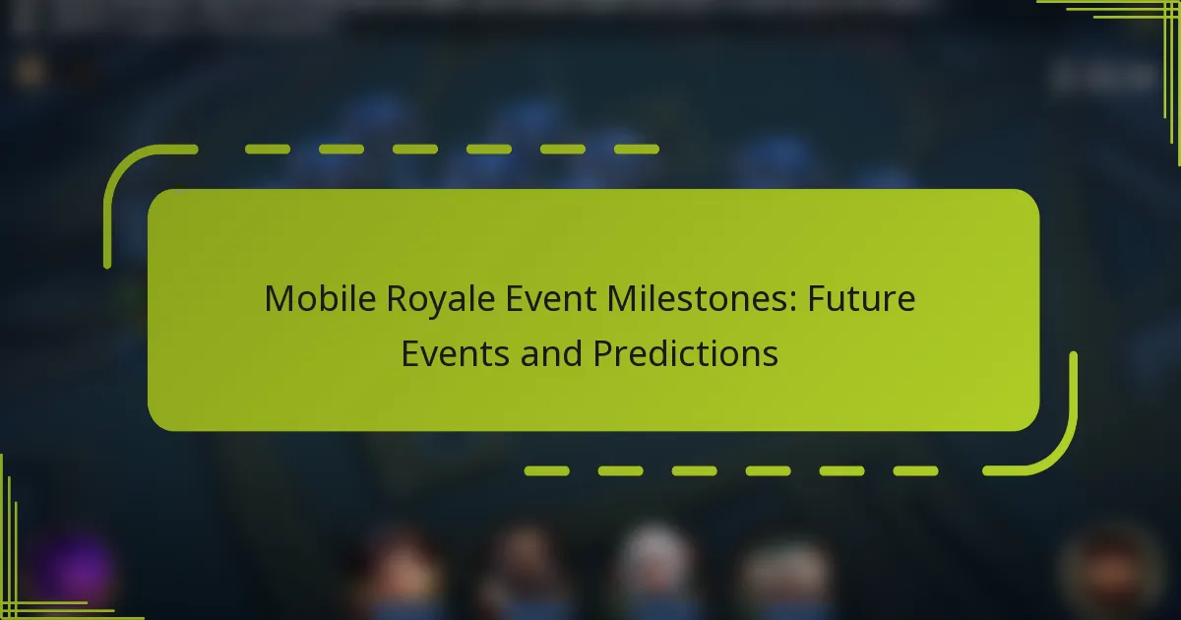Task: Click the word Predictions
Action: coord(685,352)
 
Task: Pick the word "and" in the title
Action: coord(554,352)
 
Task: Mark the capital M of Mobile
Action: coord(277,299)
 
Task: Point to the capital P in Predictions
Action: coord(602,352)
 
